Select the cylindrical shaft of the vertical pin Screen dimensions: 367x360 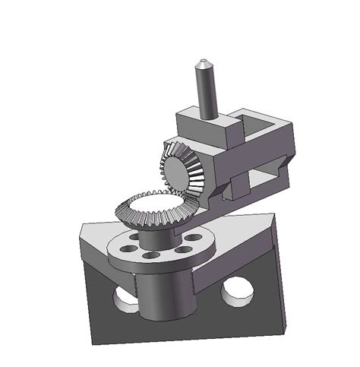206,91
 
